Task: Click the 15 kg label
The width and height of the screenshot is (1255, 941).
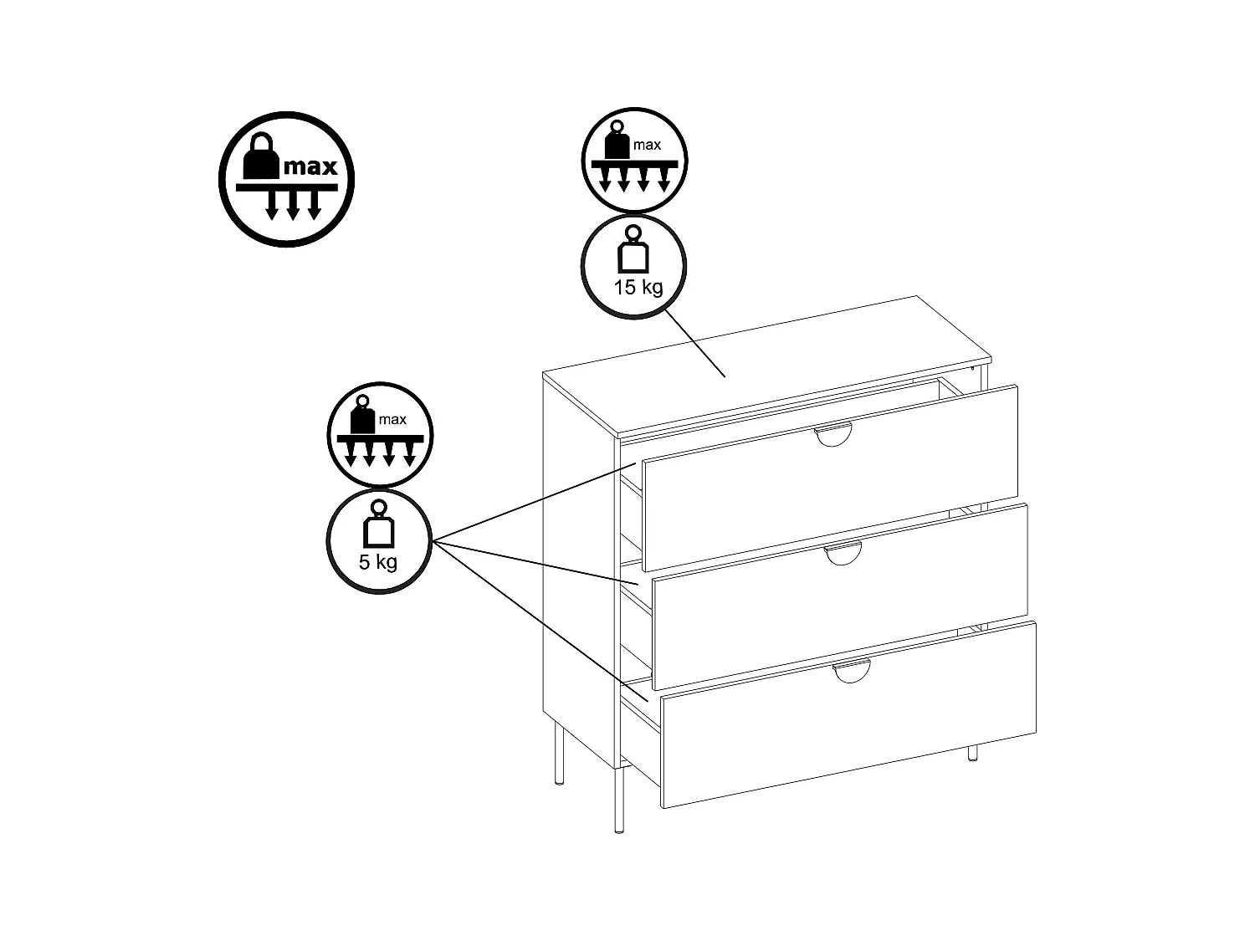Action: [x=638, y=288]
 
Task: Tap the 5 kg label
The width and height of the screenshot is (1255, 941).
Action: [x=378, y=561]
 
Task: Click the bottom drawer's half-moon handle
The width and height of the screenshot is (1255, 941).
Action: [x=852, y=671]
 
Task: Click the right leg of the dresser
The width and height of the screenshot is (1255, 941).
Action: [x=972, y=752]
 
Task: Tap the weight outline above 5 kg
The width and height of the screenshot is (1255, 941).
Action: [x=377, y=525]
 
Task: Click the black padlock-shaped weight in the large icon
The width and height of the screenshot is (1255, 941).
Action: [x=260, y=156]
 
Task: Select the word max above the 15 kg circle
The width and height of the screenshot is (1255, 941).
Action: [x=647, y=145]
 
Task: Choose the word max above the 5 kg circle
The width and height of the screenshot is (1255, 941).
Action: [x=392, y=419]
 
